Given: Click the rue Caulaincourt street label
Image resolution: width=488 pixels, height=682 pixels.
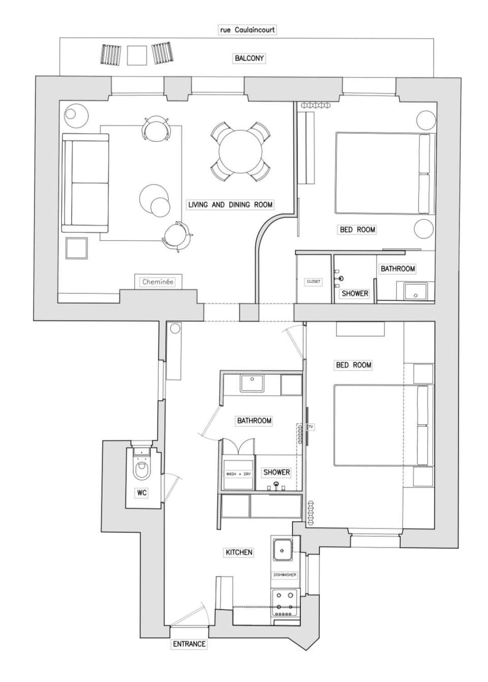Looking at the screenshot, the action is click(x=247, y=30).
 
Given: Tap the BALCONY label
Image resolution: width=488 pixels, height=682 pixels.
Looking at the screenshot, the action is click(x=249, y=58).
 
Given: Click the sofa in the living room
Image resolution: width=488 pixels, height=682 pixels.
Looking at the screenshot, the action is click(x=85, y=183).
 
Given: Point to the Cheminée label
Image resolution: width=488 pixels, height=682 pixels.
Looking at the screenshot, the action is click(x=158, y=282).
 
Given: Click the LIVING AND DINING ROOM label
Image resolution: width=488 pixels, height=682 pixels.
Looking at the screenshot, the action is click(x=230, y=204).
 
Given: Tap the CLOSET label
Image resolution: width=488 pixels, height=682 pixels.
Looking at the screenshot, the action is click(x=313, y=281).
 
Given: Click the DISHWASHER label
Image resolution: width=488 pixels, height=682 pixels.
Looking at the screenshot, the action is click(x=285, y=575).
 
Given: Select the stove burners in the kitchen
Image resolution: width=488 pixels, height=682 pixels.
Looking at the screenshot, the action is click(x=285, y=604).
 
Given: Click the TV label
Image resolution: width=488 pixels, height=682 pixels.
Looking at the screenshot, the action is click(x=311, y=427).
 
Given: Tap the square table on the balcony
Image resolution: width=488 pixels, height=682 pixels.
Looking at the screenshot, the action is click(x=137, y=55).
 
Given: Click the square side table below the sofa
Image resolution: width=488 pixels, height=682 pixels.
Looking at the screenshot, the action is click(x=77, y=248).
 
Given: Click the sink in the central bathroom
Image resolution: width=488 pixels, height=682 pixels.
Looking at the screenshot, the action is click(x=252, y=383).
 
